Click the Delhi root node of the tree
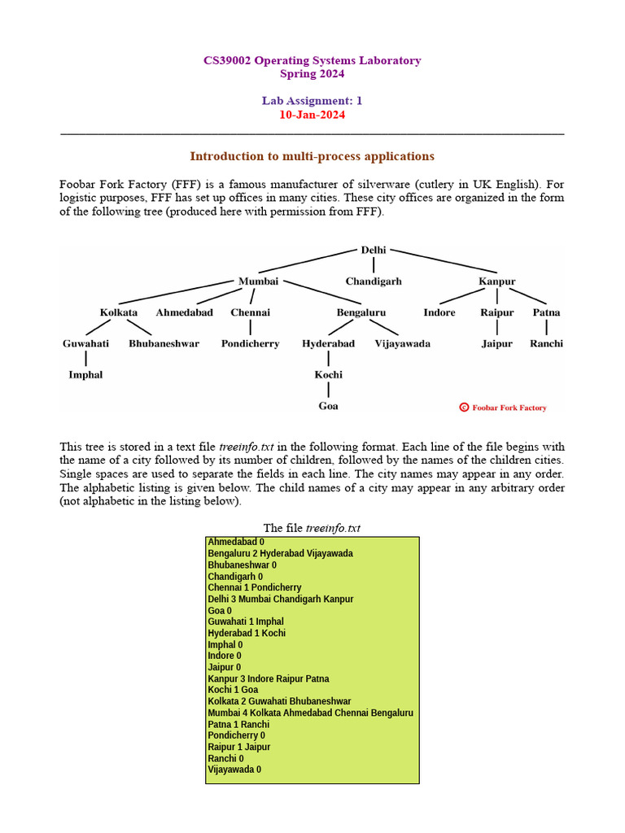374,250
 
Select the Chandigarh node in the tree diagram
374,281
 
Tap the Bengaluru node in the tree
361,312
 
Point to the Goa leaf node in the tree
329,406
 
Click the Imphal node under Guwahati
85,375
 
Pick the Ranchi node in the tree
546,343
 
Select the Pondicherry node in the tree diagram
250,343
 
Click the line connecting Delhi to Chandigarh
374,265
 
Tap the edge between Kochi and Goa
329,390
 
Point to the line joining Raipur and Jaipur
497,328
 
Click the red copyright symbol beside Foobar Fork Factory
464,408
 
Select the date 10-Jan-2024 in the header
312,115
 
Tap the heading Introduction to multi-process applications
312,156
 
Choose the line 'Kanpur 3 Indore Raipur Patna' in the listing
269,678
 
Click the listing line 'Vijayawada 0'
234,770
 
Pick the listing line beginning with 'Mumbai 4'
310,713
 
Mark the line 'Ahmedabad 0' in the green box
236,542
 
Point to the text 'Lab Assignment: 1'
312,101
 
